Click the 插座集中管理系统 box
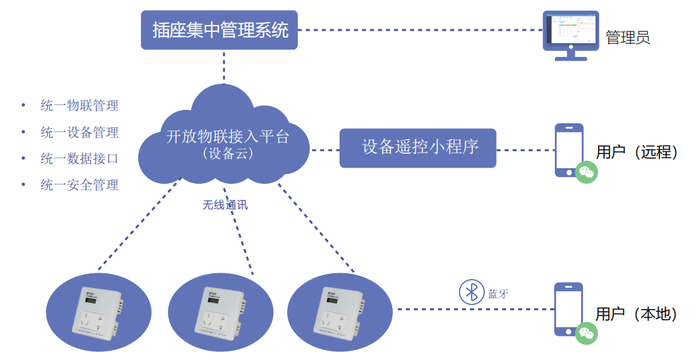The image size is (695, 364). [x=219, y=29]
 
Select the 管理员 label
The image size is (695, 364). [x=627, y=38]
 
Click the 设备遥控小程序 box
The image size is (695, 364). [x=417, y=148]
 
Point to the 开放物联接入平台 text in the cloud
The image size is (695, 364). [x=228, y=136]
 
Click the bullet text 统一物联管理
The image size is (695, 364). [x=79, y=106]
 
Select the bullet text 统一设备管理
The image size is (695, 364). [x=79, y=132]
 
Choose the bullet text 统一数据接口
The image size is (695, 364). [x=79, y=159]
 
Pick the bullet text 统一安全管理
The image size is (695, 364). [x=79, y=185]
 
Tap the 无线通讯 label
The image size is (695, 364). [x=225, y=205]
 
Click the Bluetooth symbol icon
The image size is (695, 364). [x=472, y=292]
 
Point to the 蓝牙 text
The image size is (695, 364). [x=498, y=294]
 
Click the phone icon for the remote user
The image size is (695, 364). [x=569, y=149]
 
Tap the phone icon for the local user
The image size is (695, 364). [x=569, y=309]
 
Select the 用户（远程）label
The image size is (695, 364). [x=636, y=152]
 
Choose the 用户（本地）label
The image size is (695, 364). [x=636, y=314]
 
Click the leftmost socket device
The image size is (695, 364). [x=99, y=312]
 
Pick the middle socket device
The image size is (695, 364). [x=220, y=312]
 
